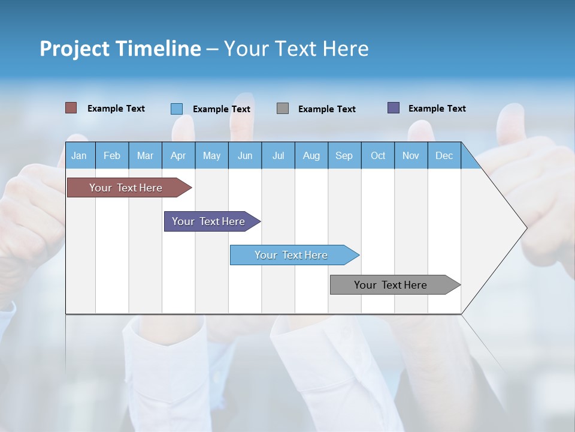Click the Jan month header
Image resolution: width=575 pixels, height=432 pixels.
click(79, 155)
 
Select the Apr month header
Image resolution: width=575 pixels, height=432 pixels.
click(178, 155)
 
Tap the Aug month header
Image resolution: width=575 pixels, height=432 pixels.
click(311, 155)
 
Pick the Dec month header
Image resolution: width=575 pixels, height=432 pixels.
click(444, 155)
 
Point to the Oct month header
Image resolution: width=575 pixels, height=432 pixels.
click(378, 155)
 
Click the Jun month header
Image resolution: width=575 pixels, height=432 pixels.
click(244, 155)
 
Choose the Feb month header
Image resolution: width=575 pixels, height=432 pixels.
click(112, 155)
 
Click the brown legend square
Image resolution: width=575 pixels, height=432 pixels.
click(71, 108)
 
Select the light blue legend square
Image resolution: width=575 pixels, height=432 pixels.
click(176, 109)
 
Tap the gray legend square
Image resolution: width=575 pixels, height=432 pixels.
click(283, 108)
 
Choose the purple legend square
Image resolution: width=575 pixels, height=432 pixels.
click(394, 108)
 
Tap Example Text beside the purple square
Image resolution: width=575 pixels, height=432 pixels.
click(437, 109)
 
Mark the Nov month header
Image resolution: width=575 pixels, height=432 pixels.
click(411, 155)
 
